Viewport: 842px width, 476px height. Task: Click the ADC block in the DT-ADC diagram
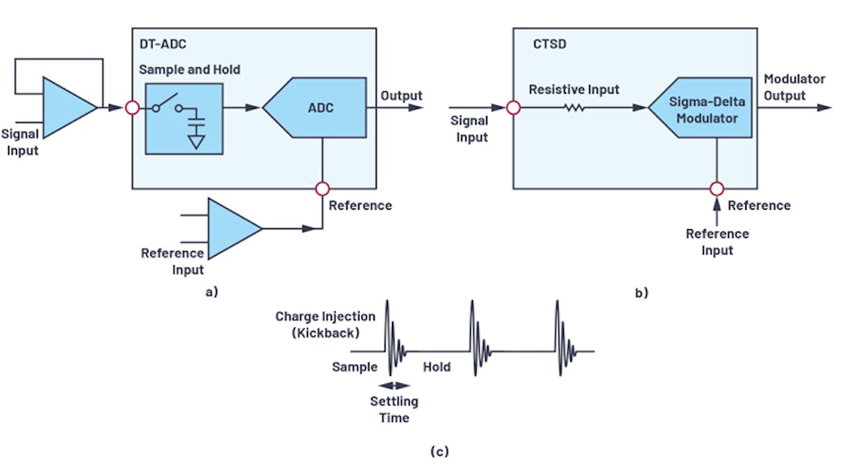point(318,107)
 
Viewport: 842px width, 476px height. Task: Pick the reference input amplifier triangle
point(235,228)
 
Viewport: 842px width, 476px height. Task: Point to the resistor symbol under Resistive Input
point(574,107)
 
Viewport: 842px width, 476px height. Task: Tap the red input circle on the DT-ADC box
point(133,107)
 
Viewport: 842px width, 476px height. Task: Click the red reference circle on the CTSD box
point(715,189)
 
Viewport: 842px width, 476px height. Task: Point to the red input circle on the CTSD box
point(513,107)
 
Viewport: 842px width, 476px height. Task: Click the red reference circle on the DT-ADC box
point(322,189)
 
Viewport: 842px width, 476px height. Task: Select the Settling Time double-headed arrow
point(390,386)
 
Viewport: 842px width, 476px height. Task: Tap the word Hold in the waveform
point(437,367)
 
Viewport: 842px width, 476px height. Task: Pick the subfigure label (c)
point(439,451)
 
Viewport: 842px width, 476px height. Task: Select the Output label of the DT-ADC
point(401,96)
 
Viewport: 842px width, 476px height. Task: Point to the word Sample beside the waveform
point(355,367)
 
